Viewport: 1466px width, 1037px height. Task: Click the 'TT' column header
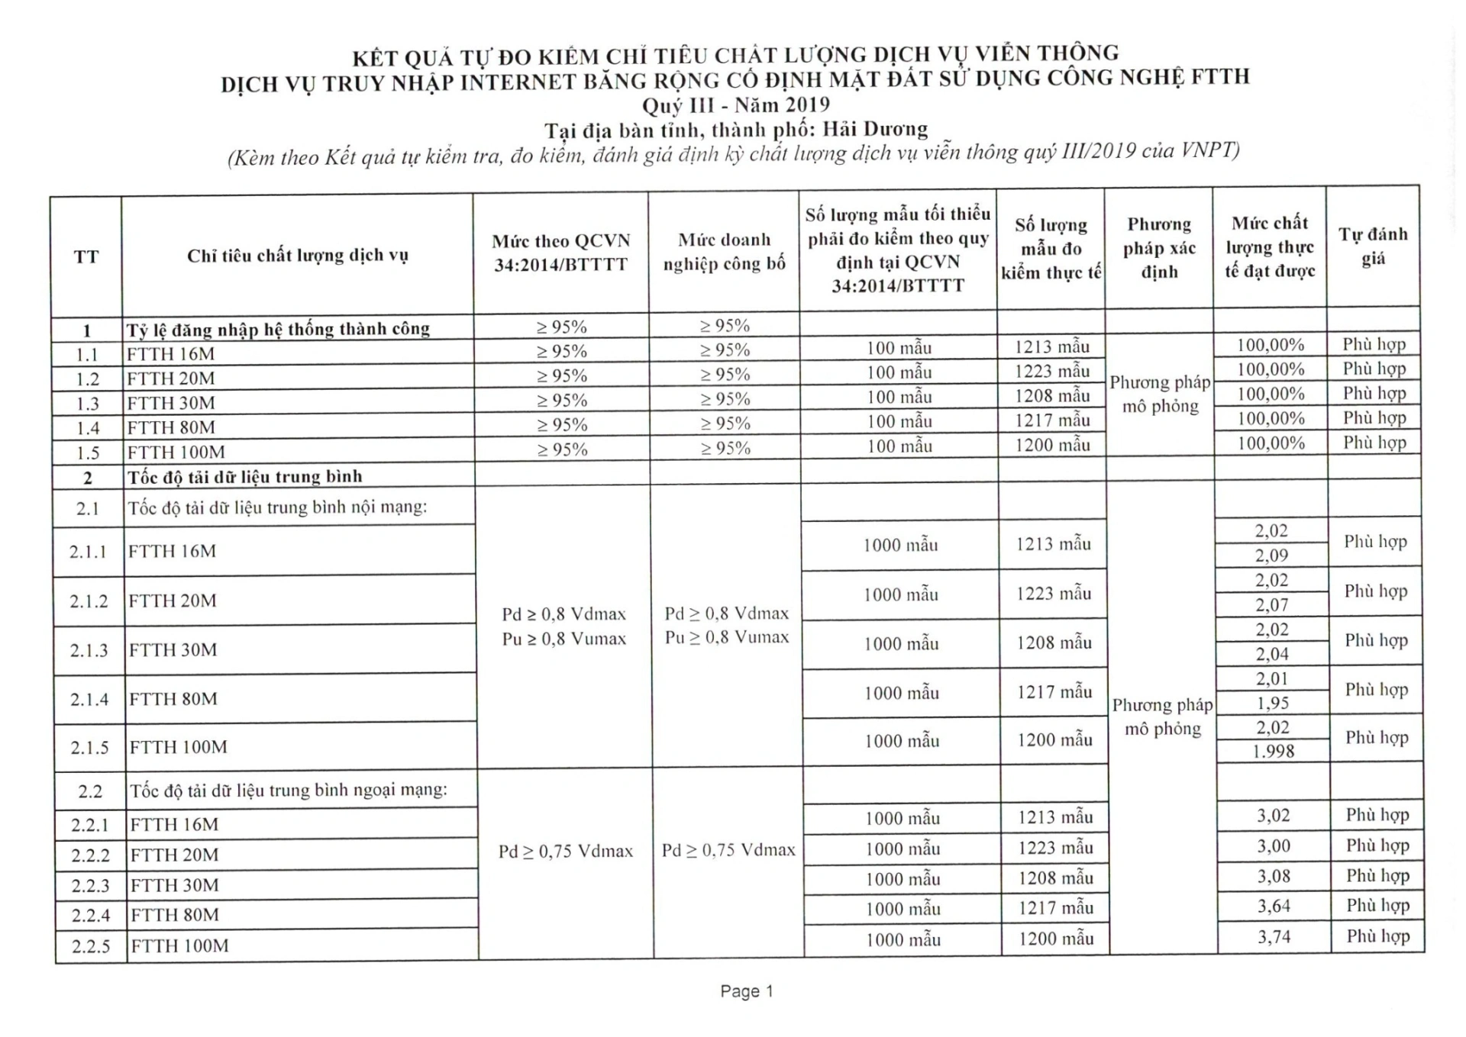86,256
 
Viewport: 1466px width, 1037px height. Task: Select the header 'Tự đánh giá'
1373,246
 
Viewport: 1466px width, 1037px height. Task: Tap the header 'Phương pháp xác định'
1159,248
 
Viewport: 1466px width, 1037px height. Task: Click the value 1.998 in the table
1274,752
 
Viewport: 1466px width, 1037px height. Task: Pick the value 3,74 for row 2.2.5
1274,936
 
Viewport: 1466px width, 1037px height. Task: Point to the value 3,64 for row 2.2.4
1274,906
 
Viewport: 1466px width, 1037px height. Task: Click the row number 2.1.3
89,650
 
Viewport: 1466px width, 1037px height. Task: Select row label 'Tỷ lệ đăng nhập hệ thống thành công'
279,329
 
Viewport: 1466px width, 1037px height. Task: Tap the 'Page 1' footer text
746,991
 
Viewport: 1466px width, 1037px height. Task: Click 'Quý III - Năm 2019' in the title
735,105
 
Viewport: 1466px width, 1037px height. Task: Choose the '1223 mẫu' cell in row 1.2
1052,372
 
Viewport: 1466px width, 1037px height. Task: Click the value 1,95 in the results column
1272,703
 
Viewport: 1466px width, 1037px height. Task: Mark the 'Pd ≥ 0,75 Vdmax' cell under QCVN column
566,851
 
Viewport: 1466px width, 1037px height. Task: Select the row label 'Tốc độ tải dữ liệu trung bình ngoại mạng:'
289,790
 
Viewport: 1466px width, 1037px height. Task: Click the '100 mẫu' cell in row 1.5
899,446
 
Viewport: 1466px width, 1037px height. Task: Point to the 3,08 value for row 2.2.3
1274,876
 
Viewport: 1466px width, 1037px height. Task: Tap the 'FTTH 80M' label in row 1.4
171,427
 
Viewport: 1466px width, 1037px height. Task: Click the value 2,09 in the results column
1271,556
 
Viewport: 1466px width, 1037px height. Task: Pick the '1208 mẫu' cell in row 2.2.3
1055,878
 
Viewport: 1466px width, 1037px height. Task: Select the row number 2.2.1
90,825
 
